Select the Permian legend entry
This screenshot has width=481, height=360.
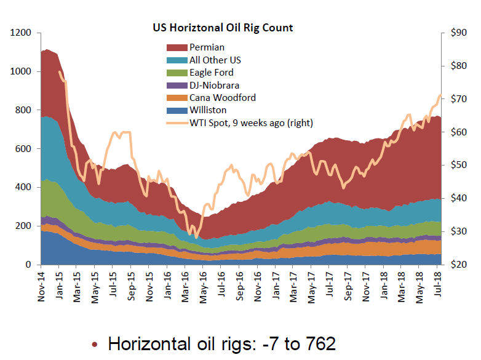click(207, 47)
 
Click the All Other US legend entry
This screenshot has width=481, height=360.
click(215, 60)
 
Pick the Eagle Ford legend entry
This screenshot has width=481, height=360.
click(211, 73)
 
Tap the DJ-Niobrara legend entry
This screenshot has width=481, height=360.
click(214, 86)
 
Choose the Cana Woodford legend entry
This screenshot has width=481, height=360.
click(222, 98)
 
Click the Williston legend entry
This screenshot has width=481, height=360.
click(208, 110)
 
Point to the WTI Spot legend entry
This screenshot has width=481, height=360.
click(251, 123)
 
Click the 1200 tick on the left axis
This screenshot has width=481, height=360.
click(21, 33)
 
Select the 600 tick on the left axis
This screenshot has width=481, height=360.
click(23, 149)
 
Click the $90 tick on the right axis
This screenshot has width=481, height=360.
click(457, 33)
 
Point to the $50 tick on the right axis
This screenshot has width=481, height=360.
click(457, 166)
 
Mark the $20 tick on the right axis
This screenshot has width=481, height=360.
click(457, 265)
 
